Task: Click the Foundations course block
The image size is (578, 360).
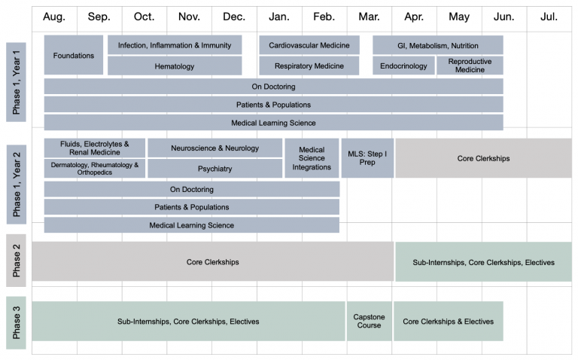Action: click(73, 55)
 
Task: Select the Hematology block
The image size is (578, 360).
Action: click(175, 66)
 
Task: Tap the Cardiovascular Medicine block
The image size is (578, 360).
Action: click(309, 45)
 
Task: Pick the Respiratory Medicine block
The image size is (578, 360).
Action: click(309, 66)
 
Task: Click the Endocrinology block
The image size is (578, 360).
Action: click(403, 66)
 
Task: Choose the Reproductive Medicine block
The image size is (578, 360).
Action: click(470, 66)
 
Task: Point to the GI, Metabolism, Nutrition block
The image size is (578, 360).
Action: click(438, 45)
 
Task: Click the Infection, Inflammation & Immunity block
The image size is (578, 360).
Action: click(175, 45)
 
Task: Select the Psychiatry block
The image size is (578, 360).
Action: click(215, 169)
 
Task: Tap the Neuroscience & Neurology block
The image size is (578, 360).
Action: click(215, 148)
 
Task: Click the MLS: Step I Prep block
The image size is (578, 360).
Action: click(367, 158)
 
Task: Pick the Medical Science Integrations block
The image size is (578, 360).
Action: click(312, 158)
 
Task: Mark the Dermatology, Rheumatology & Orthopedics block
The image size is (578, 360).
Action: click(95, 169)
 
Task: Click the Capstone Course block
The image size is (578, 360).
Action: click(369, 321)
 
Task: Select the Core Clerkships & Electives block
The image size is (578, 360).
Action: click(449, 321)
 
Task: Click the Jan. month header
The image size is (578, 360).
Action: click(279, 17)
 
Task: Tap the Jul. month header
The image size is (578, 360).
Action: click(549, 17)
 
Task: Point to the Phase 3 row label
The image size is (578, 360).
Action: click(17, 322)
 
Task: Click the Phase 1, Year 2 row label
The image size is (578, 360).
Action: click(17, 184)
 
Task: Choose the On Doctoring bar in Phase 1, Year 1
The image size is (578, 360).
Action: click(273, 87)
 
